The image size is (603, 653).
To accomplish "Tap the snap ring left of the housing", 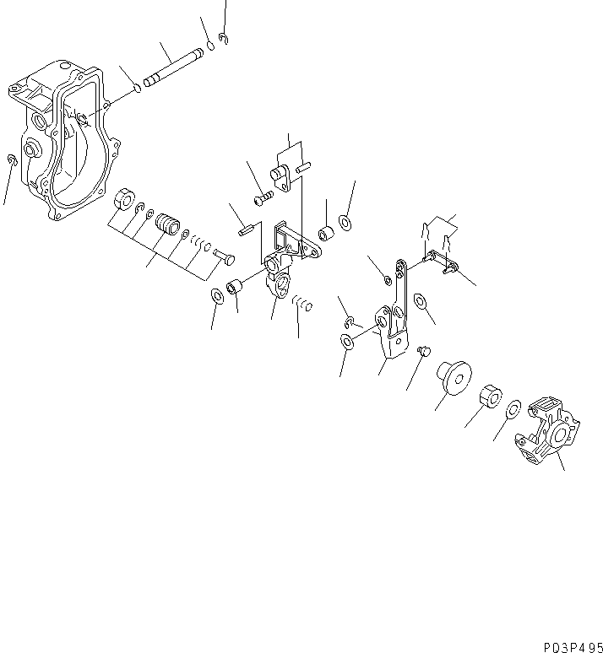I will [11, 161].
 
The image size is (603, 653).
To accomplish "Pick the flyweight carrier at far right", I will [550, 434].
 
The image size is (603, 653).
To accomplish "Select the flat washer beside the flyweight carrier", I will [513, 411].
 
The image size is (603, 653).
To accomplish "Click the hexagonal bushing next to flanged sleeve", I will [488, 395].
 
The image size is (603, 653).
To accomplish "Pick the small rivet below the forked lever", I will [424, 348].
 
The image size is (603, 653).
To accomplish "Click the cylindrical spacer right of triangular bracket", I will [324, 234].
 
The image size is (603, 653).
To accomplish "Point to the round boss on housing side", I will [32, 150].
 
